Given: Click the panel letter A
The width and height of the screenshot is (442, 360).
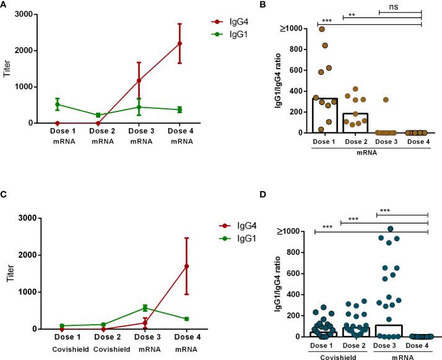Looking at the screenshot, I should pos(4,5).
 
